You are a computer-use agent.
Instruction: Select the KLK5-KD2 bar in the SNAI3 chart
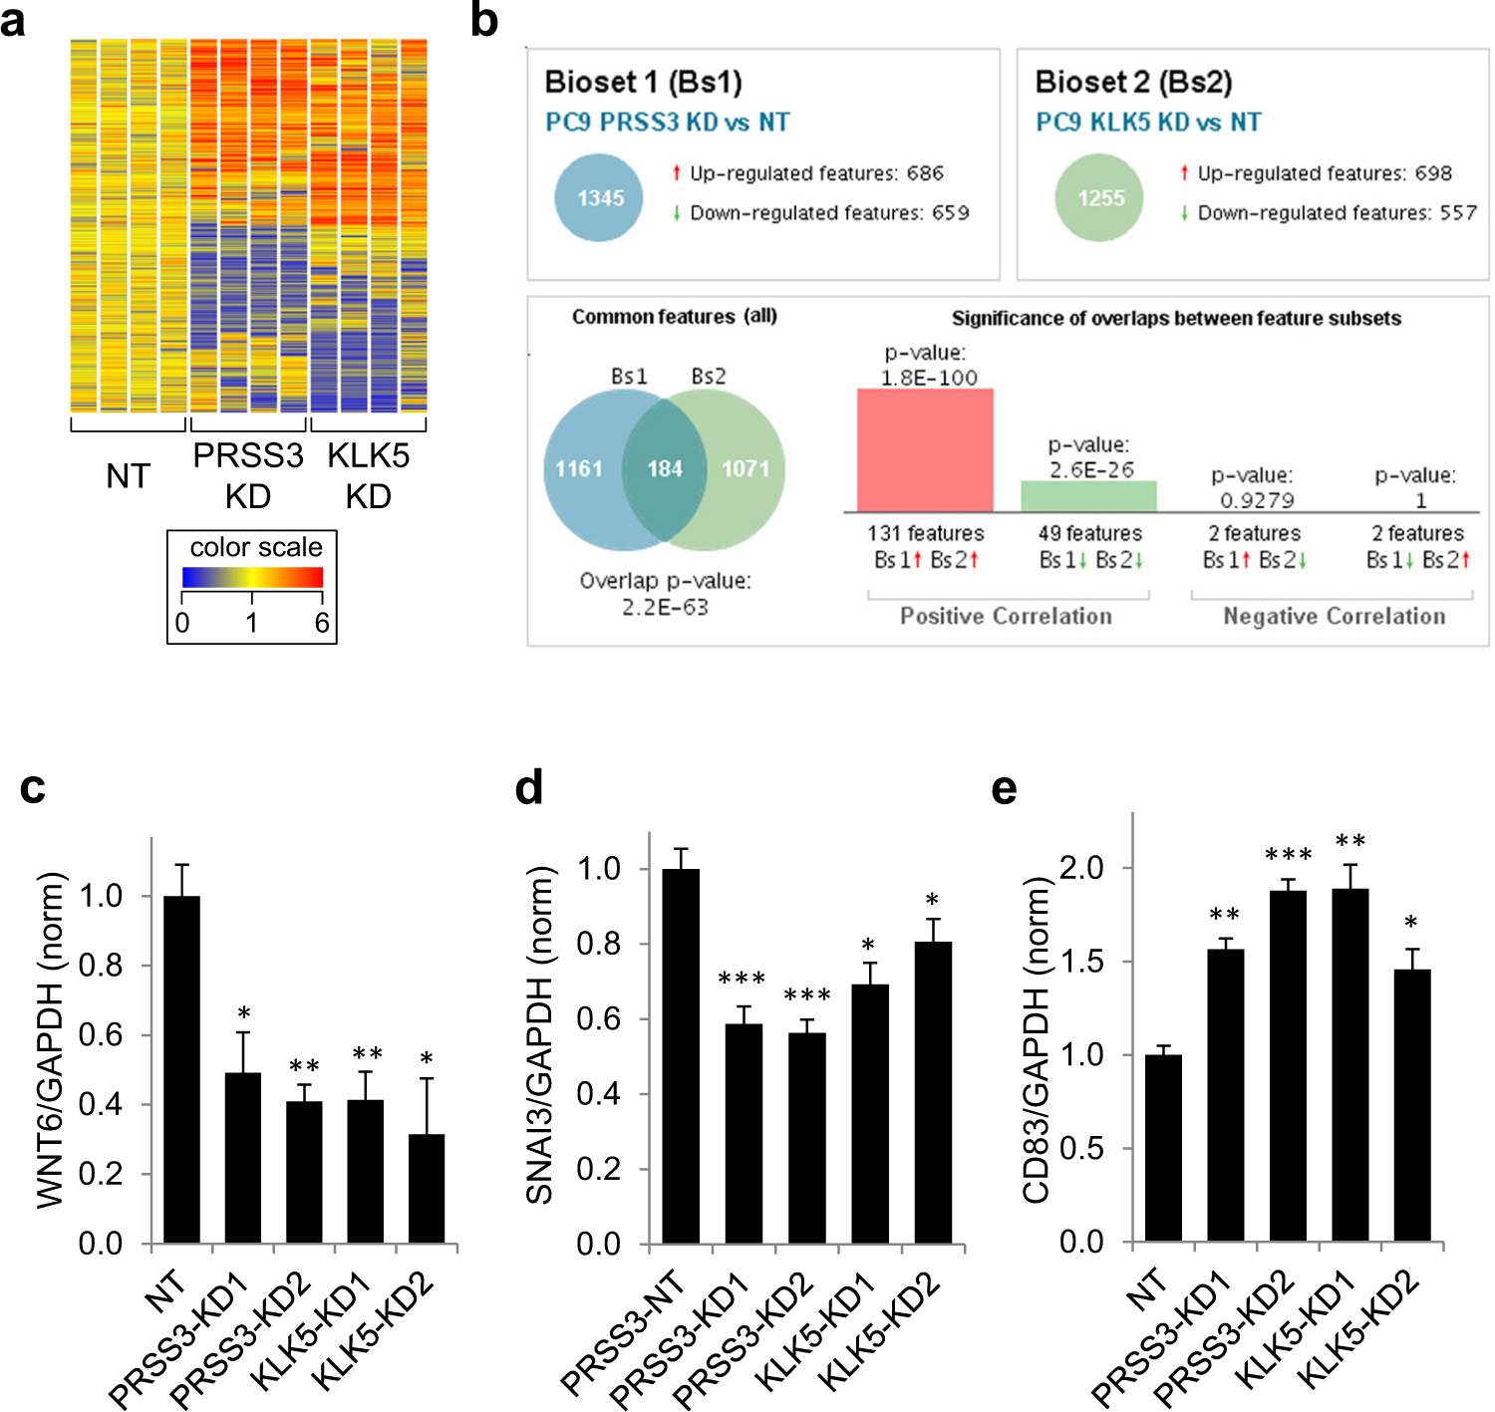[x=932, y=1092]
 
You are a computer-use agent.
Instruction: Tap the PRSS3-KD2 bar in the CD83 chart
[x=1288, y=1065]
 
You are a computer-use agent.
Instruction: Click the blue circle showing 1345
[x=599, y=197]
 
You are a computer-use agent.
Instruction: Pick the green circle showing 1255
[x=1100, y=197]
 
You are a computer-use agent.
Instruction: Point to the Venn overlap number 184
[x=665, y=468]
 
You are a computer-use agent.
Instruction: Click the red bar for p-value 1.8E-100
[x=925, y=450]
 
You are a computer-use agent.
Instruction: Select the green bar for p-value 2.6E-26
[x=1088, y=496]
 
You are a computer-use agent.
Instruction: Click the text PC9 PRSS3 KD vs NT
[x=667, y=123]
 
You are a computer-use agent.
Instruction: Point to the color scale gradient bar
[x=252, y=577]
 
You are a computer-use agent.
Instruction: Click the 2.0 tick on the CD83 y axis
[x=1081, y=868]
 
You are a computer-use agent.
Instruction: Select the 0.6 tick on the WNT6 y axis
[x=101, y=1035]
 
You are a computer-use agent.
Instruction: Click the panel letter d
[x=529, y=787]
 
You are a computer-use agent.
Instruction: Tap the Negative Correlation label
[x=1334, y=616]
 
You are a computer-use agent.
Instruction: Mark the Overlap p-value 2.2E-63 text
[x=665, y=594]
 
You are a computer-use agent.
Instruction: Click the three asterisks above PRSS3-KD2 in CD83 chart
[x=1288, y=855]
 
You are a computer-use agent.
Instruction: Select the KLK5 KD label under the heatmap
[x=369, y=475]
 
